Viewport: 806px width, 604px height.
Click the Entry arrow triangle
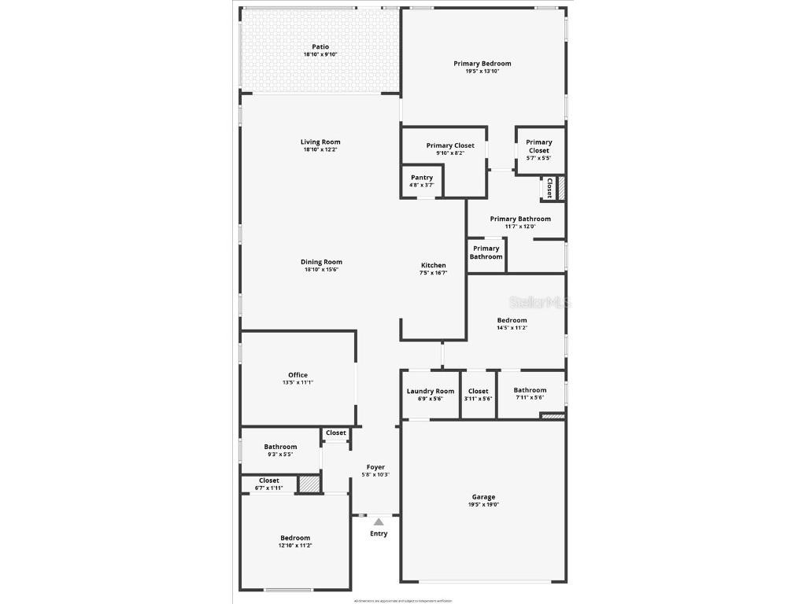click(x=379, y=521)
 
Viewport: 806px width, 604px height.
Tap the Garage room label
click(x=483, y=497)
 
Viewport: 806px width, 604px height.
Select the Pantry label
click(x=422, y=178)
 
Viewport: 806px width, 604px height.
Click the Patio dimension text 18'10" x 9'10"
click(x=320, y=55)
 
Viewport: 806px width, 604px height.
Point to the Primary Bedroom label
click(x=482, y=64)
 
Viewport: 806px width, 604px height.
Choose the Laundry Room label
click(x=431, y=391)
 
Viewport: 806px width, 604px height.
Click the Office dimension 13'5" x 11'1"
click(x=298, y=383)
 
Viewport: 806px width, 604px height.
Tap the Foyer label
click(x=375, y=467)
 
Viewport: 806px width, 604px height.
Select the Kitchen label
click(x=434, y=266)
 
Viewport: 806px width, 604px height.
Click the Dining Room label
click(x=321, y=262)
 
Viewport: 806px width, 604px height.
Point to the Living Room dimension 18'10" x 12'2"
click(x=321, y=150)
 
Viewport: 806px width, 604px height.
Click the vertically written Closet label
click(x=549, y=188)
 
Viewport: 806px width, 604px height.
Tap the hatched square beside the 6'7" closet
click(x=309, y=484)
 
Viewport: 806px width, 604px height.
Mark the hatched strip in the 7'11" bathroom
click(x=553, y=416)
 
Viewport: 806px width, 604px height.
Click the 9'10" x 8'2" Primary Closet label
click(x=450, y=145)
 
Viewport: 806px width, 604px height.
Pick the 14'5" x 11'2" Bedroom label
click(x=512, y=320)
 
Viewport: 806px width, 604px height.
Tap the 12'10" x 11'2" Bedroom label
click(x=295, y=538)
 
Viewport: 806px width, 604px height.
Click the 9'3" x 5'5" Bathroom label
click(x=280, y=447)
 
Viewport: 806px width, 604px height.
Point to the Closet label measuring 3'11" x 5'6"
click(x=479, y=391)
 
